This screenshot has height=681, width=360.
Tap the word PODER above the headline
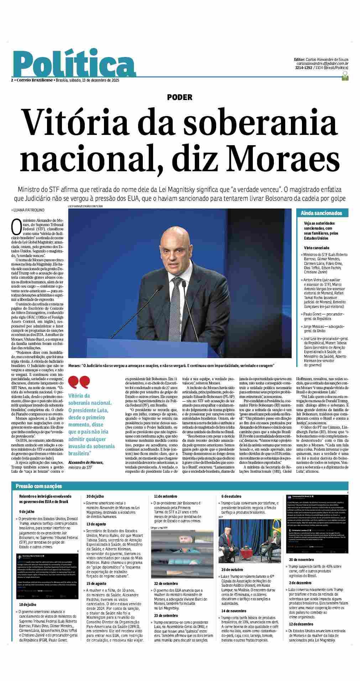point(179,97)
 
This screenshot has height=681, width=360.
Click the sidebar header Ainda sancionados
point(321,213)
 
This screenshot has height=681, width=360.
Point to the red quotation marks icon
point(79,383)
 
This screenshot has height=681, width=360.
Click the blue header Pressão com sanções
point(38,486)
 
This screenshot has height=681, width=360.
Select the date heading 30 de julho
point(95,496)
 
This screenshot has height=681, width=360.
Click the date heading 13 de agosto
point(96,524)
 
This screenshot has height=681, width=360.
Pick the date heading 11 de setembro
point(165,496)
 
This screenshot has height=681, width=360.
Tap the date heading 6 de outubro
point(231,496)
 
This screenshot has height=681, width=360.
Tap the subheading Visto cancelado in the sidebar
point(316,247)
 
